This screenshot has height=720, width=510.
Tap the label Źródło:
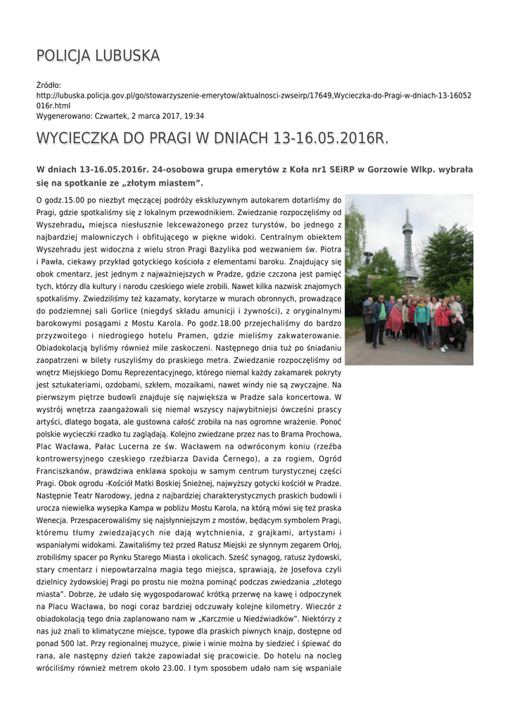[49, 86]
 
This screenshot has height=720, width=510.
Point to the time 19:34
[194, 116]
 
